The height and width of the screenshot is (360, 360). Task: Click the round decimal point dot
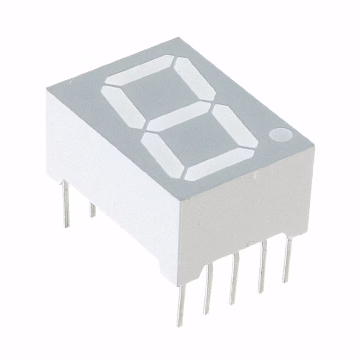279,135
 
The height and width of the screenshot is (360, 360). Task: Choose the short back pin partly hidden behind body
92,210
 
